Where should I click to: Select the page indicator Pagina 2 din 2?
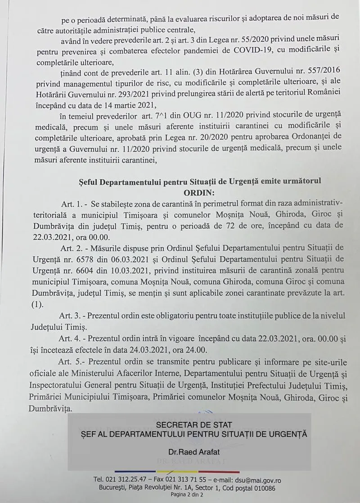pyautogui.click(x=188, y=494)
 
